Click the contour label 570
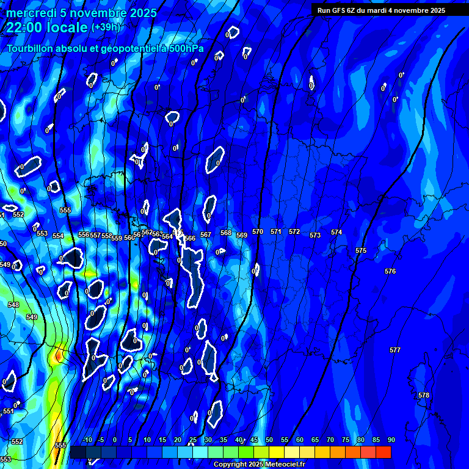click(258, 232)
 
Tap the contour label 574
click(336, 233)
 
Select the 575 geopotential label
click(361, 251)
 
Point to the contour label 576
click(390, 271)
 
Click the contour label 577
click(395, 350)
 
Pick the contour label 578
click(424, 395)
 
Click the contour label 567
click(206, 234)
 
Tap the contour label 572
click(294, 232)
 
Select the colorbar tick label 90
click(391, 440)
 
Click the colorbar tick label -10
click(87, 440)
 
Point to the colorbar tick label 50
click(269, 440)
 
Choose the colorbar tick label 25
click(193, 440)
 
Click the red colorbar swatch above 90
click(384, 452)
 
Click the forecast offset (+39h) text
click(106, 27)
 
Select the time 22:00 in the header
click(27, 27)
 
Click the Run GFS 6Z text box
click(381, 10)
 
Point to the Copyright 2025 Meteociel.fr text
click(259, 465)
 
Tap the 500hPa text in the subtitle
click(185, 48)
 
